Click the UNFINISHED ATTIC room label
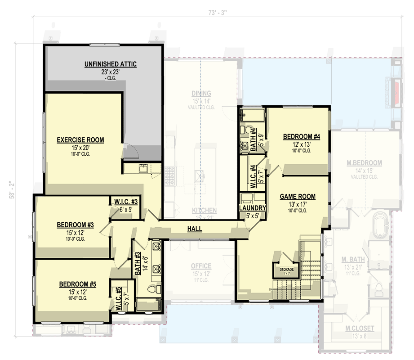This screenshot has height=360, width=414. coord(111,64)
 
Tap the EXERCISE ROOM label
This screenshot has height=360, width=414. coord(80,140)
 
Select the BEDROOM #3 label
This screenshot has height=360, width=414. coord(75,225)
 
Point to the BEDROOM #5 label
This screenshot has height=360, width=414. coord(78,284)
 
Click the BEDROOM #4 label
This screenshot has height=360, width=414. coord(301,137)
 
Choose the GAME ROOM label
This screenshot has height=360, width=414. coord(297,197)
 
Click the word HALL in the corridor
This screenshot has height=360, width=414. coord(195,229)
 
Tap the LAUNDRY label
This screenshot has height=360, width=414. coord(253,208)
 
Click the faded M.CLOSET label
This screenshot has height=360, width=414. coord(357,328)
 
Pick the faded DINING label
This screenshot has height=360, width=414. coord(201,94)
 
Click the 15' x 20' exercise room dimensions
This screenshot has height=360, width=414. coord(80,147)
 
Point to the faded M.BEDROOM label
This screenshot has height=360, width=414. coord(365,163)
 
